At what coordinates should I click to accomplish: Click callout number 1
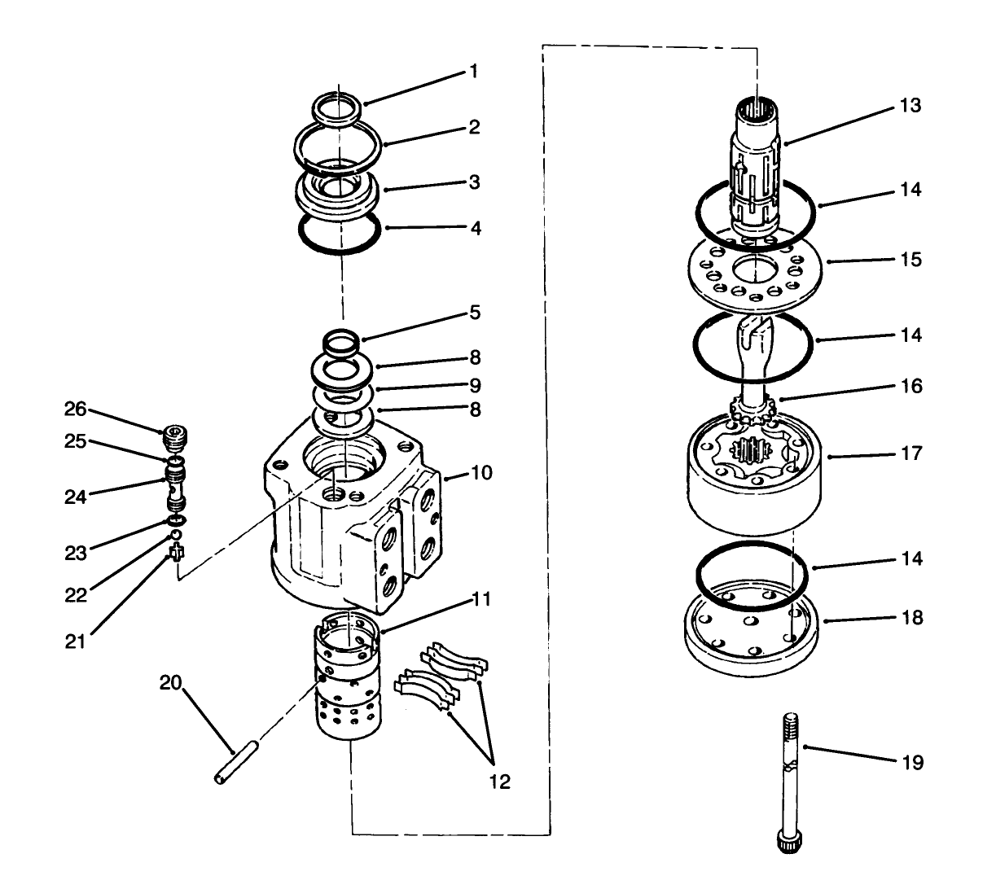tap(473, 72)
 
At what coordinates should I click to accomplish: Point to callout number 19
tap(912, 763)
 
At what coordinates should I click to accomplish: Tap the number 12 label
tap(499, 782)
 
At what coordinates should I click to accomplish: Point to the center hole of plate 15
tap(755, 269)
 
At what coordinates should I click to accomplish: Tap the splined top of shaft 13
tap(759, 109)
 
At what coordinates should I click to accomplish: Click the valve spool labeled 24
tap(173, 486)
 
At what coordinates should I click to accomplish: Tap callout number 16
tap(912, 386)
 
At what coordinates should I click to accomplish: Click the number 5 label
tap(474, 313)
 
